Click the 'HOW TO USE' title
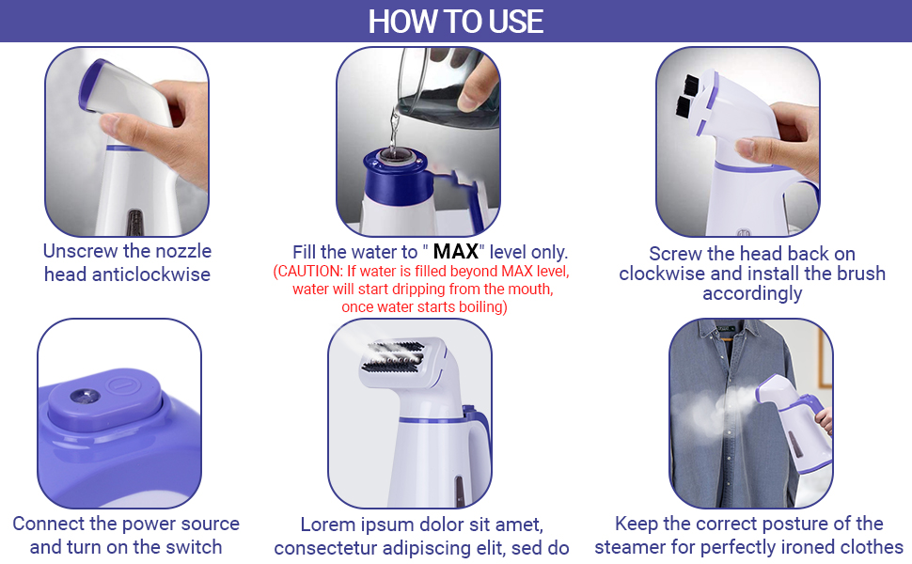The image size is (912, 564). click(x=456, y=21)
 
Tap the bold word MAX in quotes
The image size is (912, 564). click(x=456, y=252)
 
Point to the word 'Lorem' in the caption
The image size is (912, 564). click(x=329, y=524)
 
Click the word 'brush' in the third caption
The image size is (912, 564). click(x=855, y=274)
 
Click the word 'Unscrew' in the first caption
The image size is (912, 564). click(x=82, y=251)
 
